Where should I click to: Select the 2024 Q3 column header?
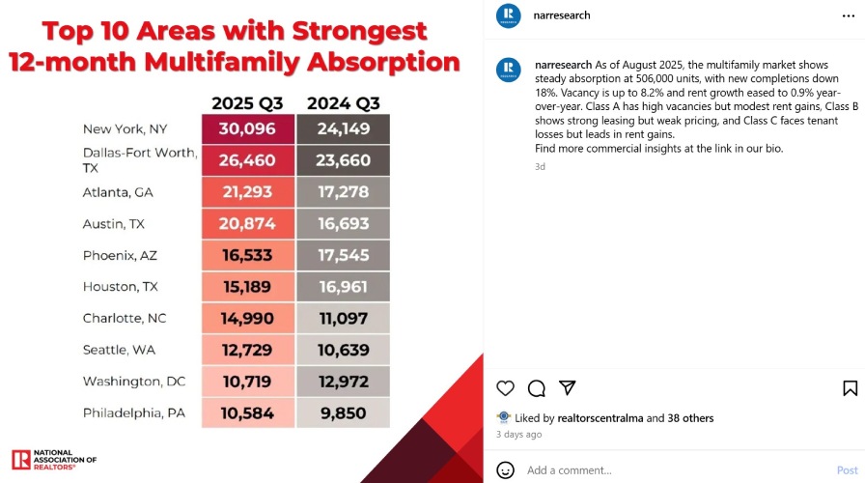click(343, 103)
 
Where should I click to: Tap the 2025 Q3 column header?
click(247, 103)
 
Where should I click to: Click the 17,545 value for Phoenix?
click(343, 256)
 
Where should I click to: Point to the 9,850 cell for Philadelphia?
click(343, 413)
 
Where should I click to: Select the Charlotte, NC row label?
click(124, 319)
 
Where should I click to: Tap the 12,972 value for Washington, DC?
click(343, 382)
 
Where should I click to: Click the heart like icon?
click(505, 388)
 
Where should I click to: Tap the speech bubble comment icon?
click(537, 388)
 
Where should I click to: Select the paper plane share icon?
click(568, 388)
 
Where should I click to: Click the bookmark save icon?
click(850, 388)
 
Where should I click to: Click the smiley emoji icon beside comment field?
click(505, 470)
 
